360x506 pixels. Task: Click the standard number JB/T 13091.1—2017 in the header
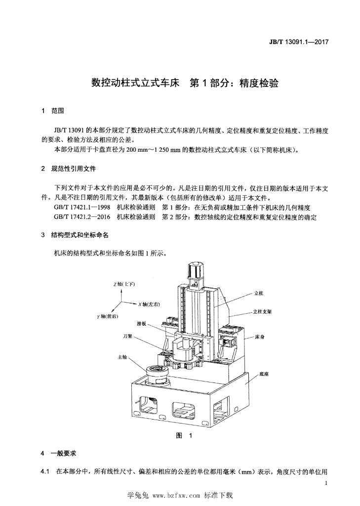(298, 42)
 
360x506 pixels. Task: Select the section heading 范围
(58, 111)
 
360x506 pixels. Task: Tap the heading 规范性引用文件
(74, 169)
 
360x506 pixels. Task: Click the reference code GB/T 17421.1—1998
(82, 208)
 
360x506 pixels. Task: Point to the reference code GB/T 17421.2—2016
(82, 217)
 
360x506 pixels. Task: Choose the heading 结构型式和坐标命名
(80, 235)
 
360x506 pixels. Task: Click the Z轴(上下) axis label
(124, 284)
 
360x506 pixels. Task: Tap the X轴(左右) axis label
(149, 304)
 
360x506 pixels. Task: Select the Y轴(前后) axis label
(108, 317)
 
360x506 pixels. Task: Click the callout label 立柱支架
(262, 312)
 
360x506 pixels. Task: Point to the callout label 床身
(260, 337)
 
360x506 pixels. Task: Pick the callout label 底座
(264, 375)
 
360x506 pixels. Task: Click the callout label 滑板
(141, 324)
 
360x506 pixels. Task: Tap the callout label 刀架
(127, 336)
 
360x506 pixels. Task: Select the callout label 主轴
(122, 357)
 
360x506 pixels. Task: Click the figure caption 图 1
(184, 436)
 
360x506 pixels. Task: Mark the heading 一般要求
(64, 454)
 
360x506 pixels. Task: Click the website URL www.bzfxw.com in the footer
(176, 496)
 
